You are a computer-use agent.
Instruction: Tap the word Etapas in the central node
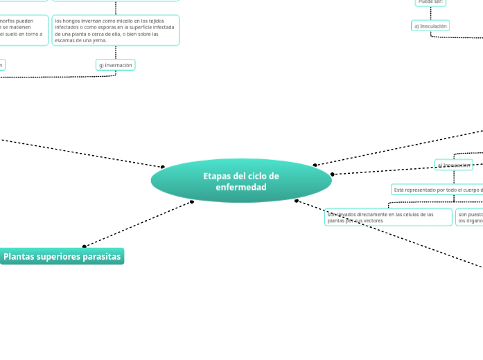[x=217, y=176]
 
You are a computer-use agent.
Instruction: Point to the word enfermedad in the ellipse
[x=241, y=187]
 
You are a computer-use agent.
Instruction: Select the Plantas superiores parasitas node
[x=62, y=256]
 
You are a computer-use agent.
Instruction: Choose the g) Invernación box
[x=115, y=65]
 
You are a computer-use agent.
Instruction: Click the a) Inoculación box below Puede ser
[x=430, y=26]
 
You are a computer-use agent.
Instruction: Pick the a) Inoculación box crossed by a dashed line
[x=454, y=165]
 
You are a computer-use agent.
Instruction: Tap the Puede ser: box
[x=430, y=2]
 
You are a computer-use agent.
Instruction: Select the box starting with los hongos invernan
[x=116, y=30]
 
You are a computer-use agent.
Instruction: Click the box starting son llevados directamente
[x=388, y=217]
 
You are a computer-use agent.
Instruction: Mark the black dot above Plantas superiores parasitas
[x=85, y=246]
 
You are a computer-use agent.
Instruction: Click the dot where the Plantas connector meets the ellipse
[x=192, y=201]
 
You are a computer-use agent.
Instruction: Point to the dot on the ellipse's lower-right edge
[x=297, y=201]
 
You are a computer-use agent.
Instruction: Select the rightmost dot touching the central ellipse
[x=333, y=174]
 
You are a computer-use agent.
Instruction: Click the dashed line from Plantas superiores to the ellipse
[x=139, y=224]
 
